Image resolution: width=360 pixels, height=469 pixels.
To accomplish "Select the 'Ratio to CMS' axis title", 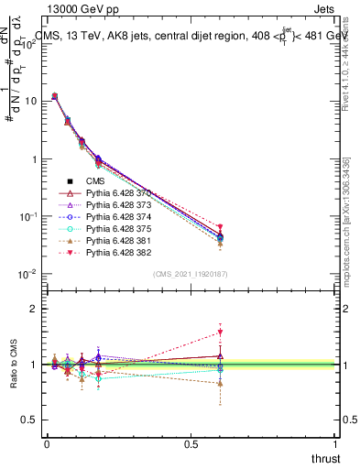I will (16, 377).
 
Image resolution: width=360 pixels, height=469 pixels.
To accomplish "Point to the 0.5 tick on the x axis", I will (191, 443).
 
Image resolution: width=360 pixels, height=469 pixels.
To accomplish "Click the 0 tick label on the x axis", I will (47, 443).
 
